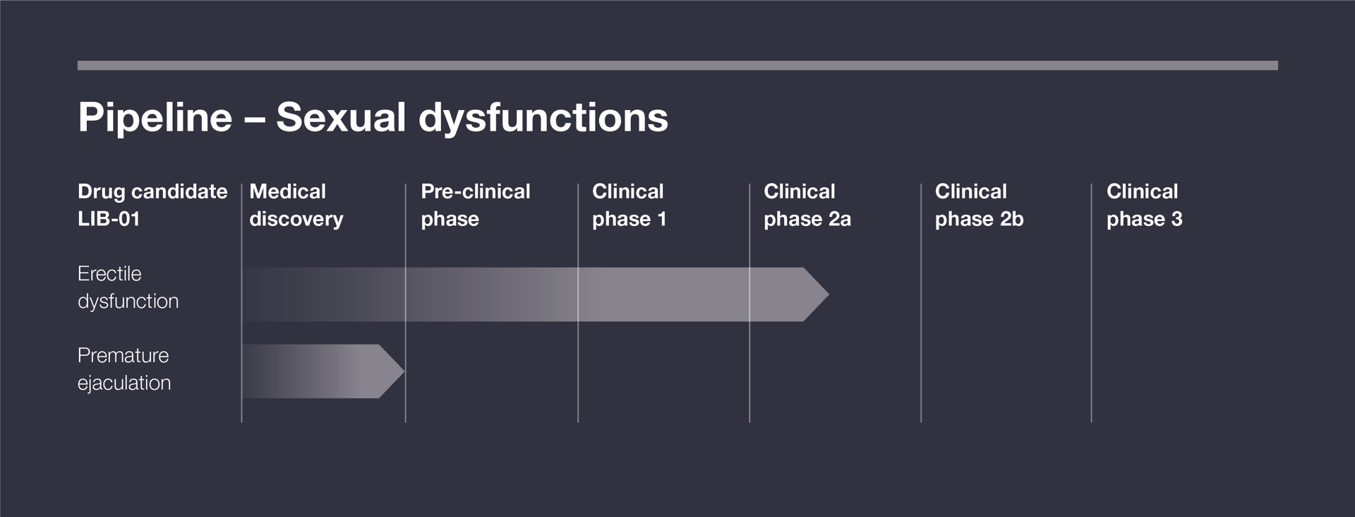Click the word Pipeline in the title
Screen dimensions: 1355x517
coord(155,117)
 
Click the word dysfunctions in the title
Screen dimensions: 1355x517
coord(543,118)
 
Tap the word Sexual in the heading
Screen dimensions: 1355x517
coord(341,117)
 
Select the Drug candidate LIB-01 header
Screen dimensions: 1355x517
coord(152,205)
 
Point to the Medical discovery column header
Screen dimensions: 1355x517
coord(296,205)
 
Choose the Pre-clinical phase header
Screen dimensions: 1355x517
coord(476,205)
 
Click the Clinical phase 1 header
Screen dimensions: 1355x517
coord(629,205)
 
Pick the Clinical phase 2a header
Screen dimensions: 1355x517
coord(807,205)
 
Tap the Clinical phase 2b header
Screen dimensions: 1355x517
coord(979,205)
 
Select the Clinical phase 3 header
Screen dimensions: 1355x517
coord(1144,205)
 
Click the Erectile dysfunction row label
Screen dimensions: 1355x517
coord(128,287)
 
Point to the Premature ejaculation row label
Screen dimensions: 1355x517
coord(124,369)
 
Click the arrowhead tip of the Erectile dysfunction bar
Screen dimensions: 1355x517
coord(829,295)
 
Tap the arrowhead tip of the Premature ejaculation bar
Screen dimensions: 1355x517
coord(404,371)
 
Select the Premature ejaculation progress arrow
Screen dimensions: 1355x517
coord(323,371)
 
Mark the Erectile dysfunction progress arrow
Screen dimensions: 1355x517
coord(536,295)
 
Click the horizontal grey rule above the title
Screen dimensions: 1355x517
coord(677,66)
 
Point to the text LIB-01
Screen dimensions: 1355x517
coord(109,219)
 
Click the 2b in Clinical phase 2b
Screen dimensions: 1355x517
coord(1012,219)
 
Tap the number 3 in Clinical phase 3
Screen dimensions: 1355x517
coord(1176,219)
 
